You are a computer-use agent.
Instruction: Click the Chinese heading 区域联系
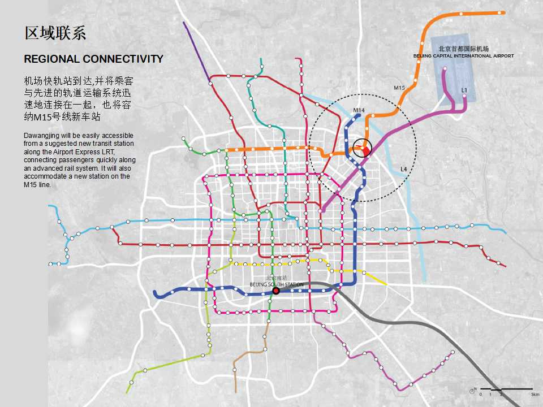tap(55, 33)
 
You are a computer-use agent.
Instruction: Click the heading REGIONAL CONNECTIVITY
tap(93, 59)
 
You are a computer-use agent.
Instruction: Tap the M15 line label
tap(399, 88)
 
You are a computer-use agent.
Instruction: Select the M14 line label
tap(359, 110)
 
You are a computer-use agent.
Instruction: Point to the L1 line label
tap(464, 90)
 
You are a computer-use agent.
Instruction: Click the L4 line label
tap(403, 169)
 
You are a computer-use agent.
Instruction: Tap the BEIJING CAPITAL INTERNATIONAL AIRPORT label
tap(464, 56)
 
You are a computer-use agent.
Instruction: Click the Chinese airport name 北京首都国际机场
tap(463, 49)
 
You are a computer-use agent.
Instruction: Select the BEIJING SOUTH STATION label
tap(277, 284)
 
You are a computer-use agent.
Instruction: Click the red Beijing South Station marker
tap(276, 291)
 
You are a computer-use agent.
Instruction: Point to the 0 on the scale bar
tap(481, 394)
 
